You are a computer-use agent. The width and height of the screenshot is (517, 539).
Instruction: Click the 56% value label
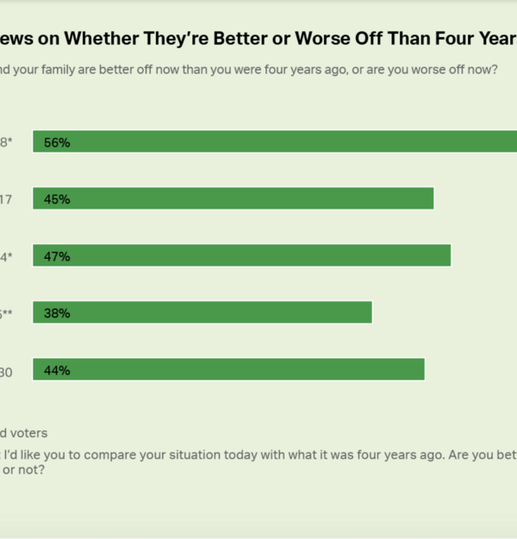click(x=57, y=142)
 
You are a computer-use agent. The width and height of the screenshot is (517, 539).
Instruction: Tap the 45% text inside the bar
click(x=57, y=199)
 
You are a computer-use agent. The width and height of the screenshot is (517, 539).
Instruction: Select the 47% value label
click(x=57, y=256)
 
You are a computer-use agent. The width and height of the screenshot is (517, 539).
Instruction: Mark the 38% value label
click(x=57, y=313)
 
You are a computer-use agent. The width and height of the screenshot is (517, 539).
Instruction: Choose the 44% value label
click(x=57, y=370)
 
